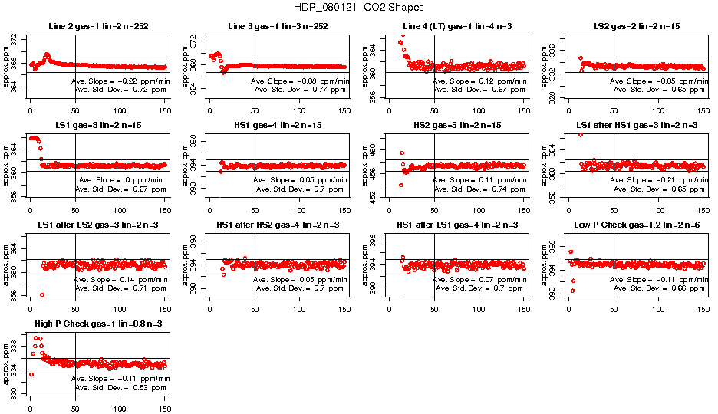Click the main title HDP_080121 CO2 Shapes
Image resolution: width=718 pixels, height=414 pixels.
[358, 7]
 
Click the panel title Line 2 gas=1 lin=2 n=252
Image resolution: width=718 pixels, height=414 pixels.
[97, 27]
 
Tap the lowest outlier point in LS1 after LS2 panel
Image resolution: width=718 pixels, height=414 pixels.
[42, 295]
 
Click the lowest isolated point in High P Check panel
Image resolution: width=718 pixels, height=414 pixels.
[31, 374]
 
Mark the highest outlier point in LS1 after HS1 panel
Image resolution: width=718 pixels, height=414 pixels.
[581, 134]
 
